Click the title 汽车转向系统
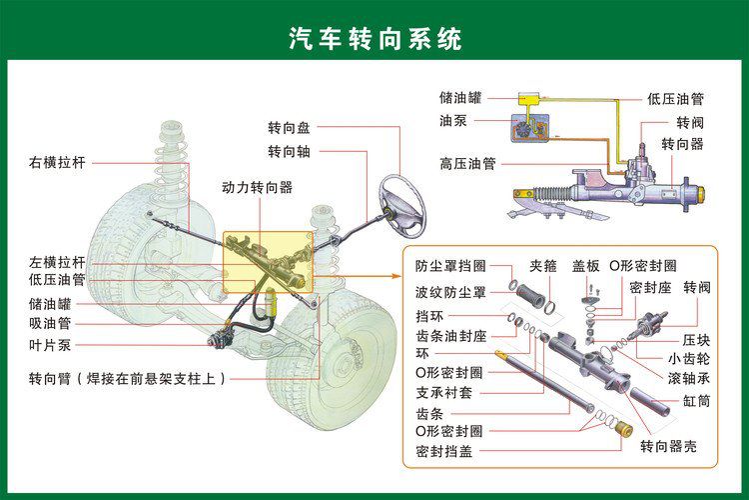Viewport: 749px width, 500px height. point(375,39)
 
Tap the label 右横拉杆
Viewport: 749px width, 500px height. point(58,161)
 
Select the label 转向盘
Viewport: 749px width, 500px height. point(289,128)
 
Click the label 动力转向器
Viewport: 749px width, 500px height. point(257,187)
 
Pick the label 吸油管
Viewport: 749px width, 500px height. point(51,323)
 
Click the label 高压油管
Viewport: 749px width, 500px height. point(467,163)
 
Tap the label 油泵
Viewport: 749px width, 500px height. point(452,120)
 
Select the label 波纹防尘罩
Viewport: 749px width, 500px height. point(450,292)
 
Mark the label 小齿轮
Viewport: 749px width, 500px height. point(689,358)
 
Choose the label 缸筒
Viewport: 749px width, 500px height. point(696,401)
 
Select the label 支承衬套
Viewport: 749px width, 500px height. point(443,392)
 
